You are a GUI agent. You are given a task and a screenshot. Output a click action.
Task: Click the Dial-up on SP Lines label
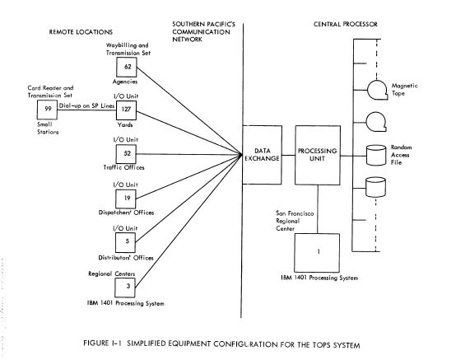pos(86,106)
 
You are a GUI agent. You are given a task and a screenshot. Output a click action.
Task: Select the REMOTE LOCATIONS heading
pos(81,32)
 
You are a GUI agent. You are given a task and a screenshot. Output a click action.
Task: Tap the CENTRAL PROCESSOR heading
pos(346,24)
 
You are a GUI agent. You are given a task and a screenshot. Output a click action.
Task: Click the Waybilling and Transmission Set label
pos(128,49)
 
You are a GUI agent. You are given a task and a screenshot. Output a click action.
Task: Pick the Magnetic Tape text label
pos(404,89)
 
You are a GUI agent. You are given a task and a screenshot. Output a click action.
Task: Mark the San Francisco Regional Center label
pos(295,221)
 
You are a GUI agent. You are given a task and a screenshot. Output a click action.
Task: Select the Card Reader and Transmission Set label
pos(50,91)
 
